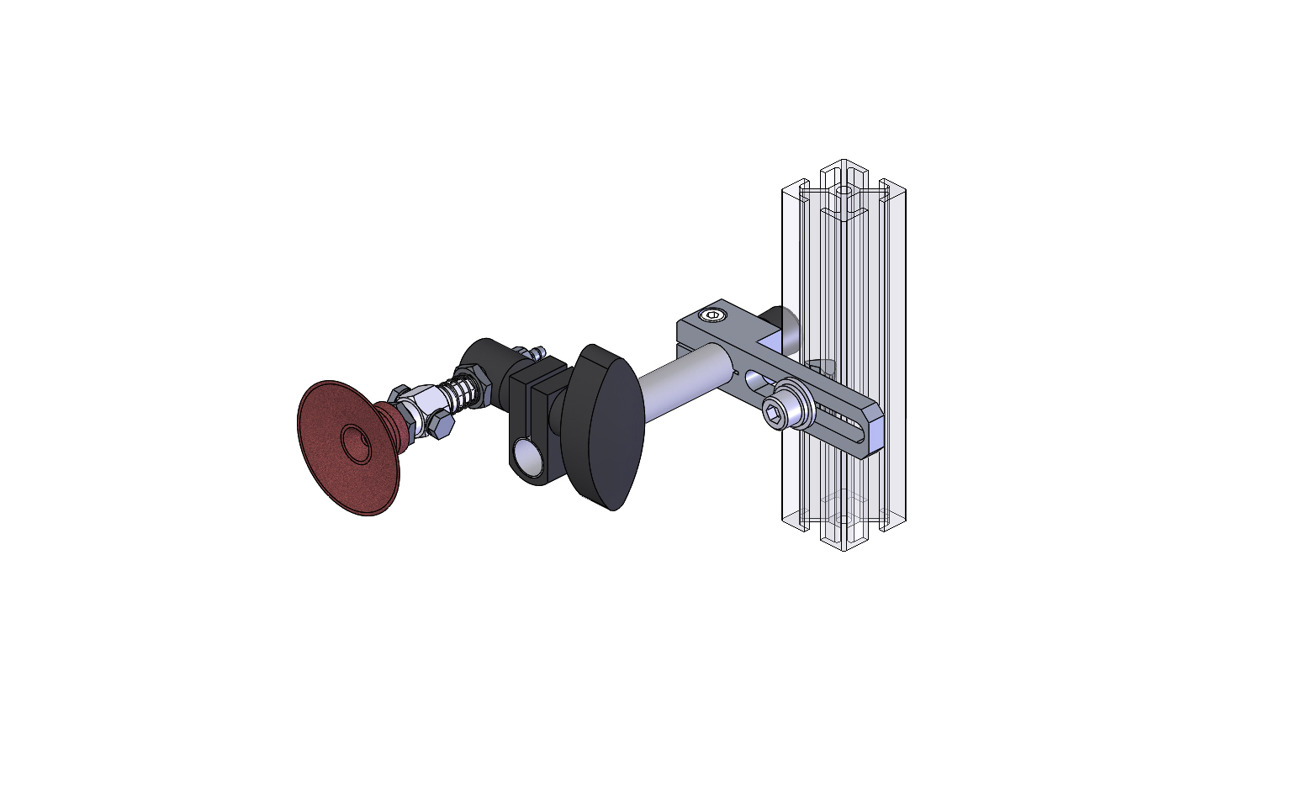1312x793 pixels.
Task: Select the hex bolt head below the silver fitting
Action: [440, 427]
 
